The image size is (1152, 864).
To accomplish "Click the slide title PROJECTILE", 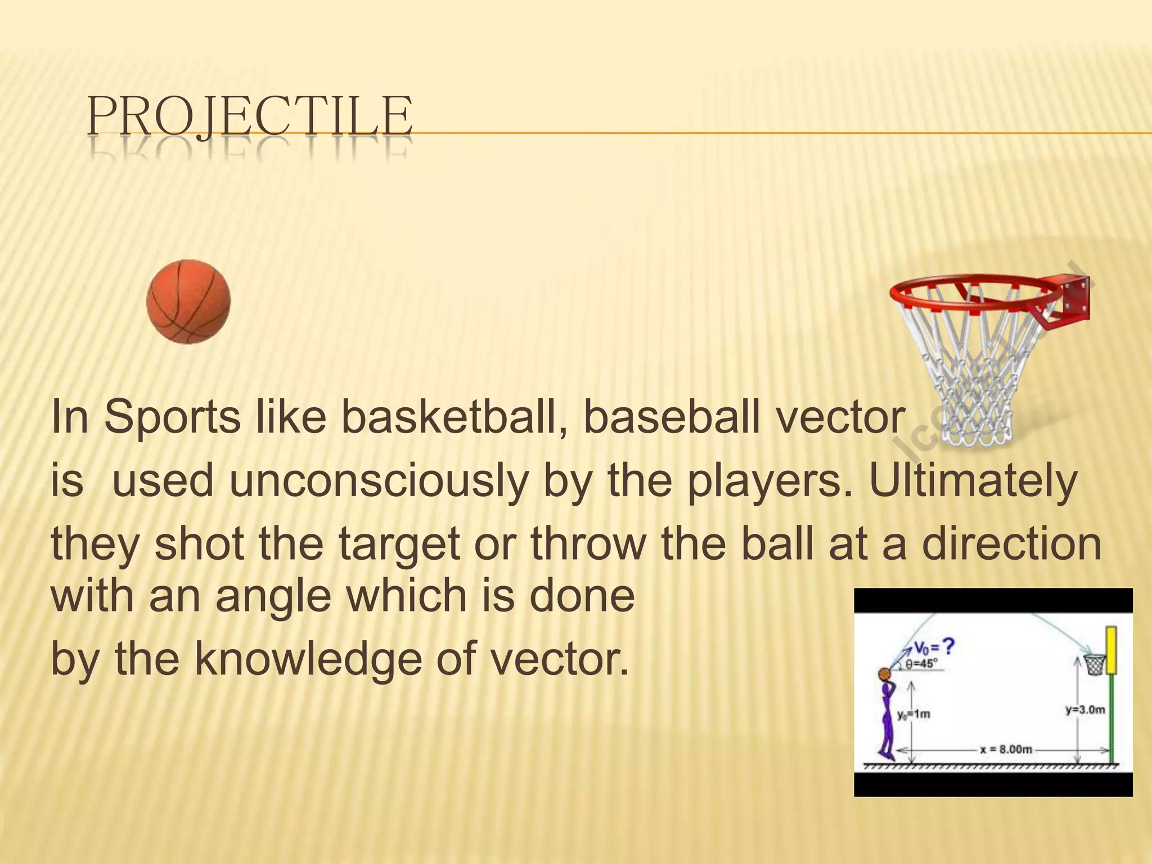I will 250,116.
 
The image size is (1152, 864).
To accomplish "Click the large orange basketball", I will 188,301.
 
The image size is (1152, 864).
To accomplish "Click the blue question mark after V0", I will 948,647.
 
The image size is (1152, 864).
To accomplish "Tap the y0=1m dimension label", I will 914,715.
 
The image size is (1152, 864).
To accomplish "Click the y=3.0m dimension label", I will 1085,710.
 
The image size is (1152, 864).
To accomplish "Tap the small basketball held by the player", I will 884,674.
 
